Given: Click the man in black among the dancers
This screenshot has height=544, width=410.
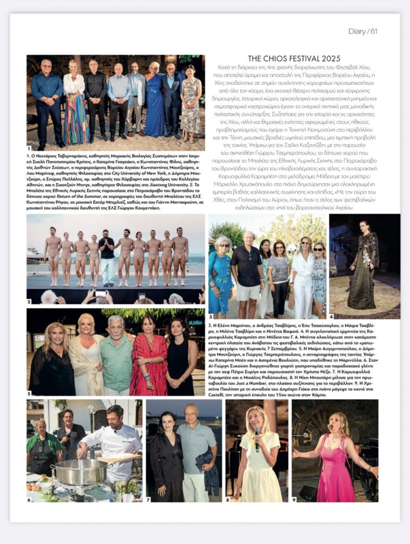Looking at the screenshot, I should tap(106, 255).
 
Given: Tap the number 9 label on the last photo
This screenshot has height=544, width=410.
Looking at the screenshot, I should tap(294, 500).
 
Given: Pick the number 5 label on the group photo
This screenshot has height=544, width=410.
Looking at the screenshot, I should tap(29, 393).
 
